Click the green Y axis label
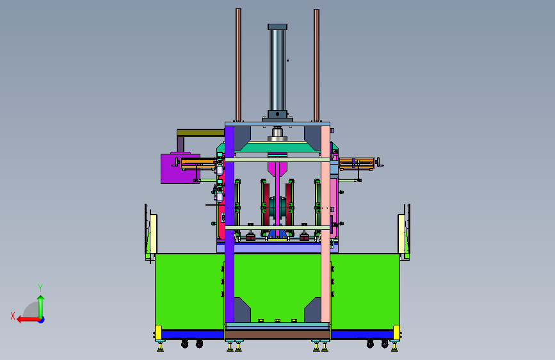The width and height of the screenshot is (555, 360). pyautogui.click(x=40, y=288)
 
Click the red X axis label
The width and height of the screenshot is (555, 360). pyautogui.click(x=13, y=316)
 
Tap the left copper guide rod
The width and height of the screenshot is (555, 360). pyautogui.click(x=239, y=65)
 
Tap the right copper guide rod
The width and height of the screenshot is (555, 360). pyautogui.click(x=316, y=65)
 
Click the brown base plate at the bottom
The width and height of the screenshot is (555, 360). pyautogui.click(x=278, y=335)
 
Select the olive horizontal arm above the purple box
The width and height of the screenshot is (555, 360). pyautogui.click(x=201, y=133)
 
